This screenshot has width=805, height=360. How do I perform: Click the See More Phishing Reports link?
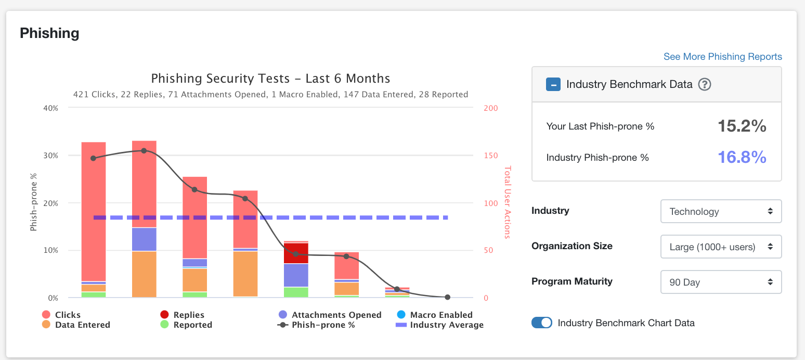pyautogui.click(x=722, y=57)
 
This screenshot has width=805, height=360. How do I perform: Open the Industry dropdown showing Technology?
pyautogui.click(x=721, y=211)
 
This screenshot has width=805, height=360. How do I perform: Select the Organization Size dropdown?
pyautogui.click(x=721, y=247)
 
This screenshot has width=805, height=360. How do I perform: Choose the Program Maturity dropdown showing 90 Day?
pyautogui.click(x=721, y=282)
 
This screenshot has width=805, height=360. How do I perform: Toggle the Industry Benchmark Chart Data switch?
pyautogui.click(x=541, y=323)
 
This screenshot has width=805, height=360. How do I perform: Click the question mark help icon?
pyautogui.click(x=704, y=84)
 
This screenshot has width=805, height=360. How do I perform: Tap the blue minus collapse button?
pyautogui.click(x=553, y=84)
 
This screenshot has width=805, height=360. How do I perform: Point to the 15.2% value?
pyautogui.click(x=742, y=126)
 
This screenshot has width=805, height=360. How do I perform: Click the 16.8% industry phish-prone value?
pyautogui.click(x=742, y=157)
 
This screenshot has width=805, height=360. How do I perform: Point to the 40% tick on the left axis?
pyautogui.click(x=50, y=108)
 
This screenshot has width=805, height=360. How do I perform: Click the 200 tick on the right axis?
pyautogui.click(x=491, y=108)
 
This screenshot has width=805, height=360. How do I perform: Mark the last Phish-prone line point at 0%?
pyautogui.click(x=447, y=297)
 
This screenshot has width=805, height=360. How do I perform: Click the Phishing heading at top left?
pyautogui.click(x=49, y=33)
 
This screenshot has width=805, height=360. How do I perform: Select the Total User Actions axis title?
pyautogui.click(x=508, y=203)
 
